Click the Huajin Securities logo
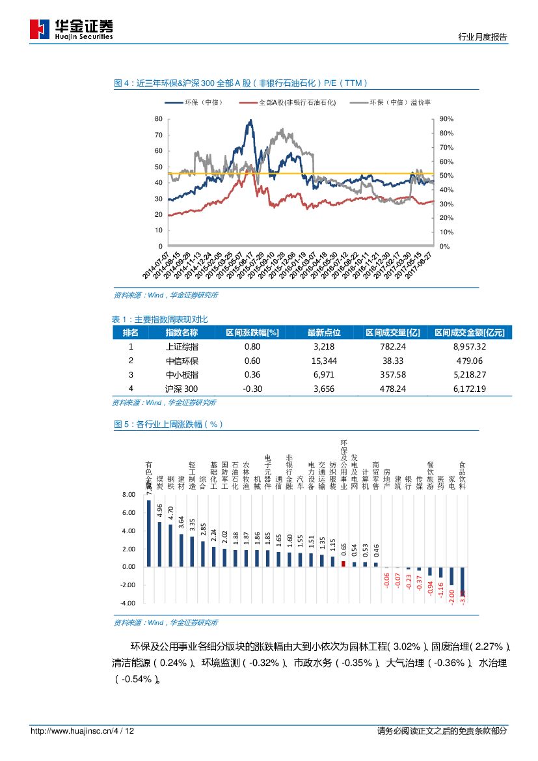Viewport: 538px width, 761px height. click(72, 28)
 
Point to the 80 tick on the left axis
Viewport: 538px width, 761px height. click(158, 119)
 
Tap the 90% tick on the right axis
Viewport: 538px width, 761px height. click(447, 119)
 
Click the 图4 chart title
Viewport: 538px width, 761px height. click(241, 83)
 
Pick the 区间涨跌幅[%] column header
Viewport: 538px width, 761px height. click(252, 332)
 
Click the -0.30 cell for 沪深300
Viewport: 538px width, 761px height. click(252, 389)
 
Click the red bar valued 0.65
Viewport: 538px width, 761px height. click(343, 564)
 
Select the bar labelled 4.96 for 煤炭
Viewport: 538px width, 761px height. click(160, 544)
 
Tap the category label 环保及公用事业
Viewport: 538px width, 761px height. click(344, 464)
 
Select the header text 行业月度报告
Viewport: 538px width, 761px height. click(483, 37)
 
